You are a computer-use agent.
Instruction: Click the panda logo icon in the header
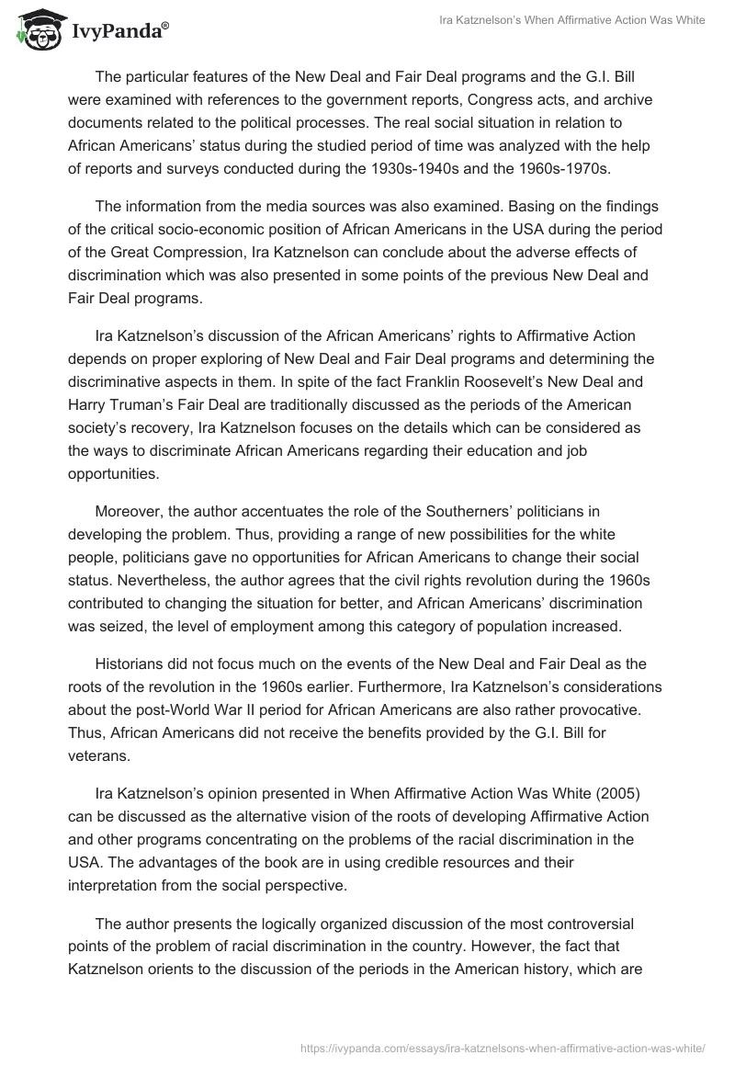pyautogui.click(x=36, y=29)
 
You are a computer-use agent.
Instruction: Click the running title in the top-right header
pyautogui.click(x=570, y=21)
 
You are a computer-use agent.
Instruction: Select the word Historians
pyautogui.click(x=130, y=663)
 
